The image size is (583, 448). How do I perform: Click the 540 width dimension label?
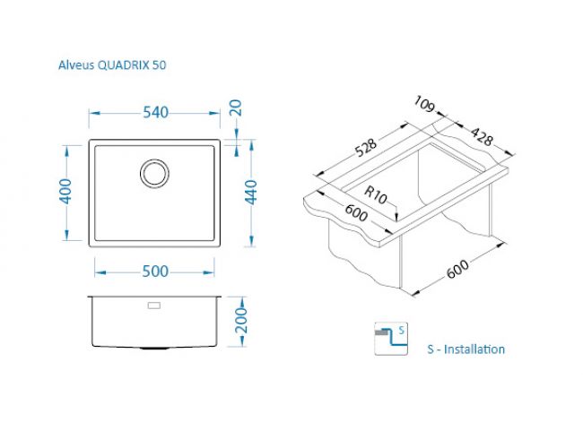coord(155,112)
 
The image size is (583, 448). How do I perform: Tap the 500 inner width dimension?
coord(155,271)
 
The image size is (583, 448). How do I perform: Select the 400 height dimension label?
coord(65,191)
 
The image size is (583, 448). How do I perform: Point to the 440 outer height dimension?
coord(251,192)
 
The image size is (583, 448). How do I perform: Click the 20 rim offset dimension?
coord(236,108)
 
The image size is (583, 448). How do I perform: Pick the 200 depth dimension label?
coord(241,320)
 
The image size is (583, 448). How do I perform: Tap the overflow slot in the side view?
coord(154,306)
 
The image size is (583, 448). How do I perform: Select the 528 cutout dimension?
coord(366,147)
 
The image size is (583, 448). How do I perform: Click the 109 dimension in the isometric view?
coord(424,104)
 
